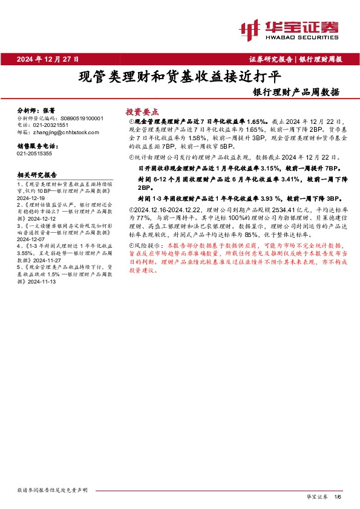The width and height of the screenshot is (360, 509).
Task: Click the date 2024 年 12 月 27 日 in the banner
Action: point(52,59)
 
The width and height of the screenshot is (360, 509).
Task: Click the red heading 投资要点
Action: point(142,112)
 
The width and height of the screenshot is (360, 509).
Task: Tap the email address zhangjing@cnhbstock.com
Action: point(64,132)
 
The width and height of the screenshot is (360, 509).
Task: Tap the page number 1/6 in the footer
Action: point(338,496)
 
